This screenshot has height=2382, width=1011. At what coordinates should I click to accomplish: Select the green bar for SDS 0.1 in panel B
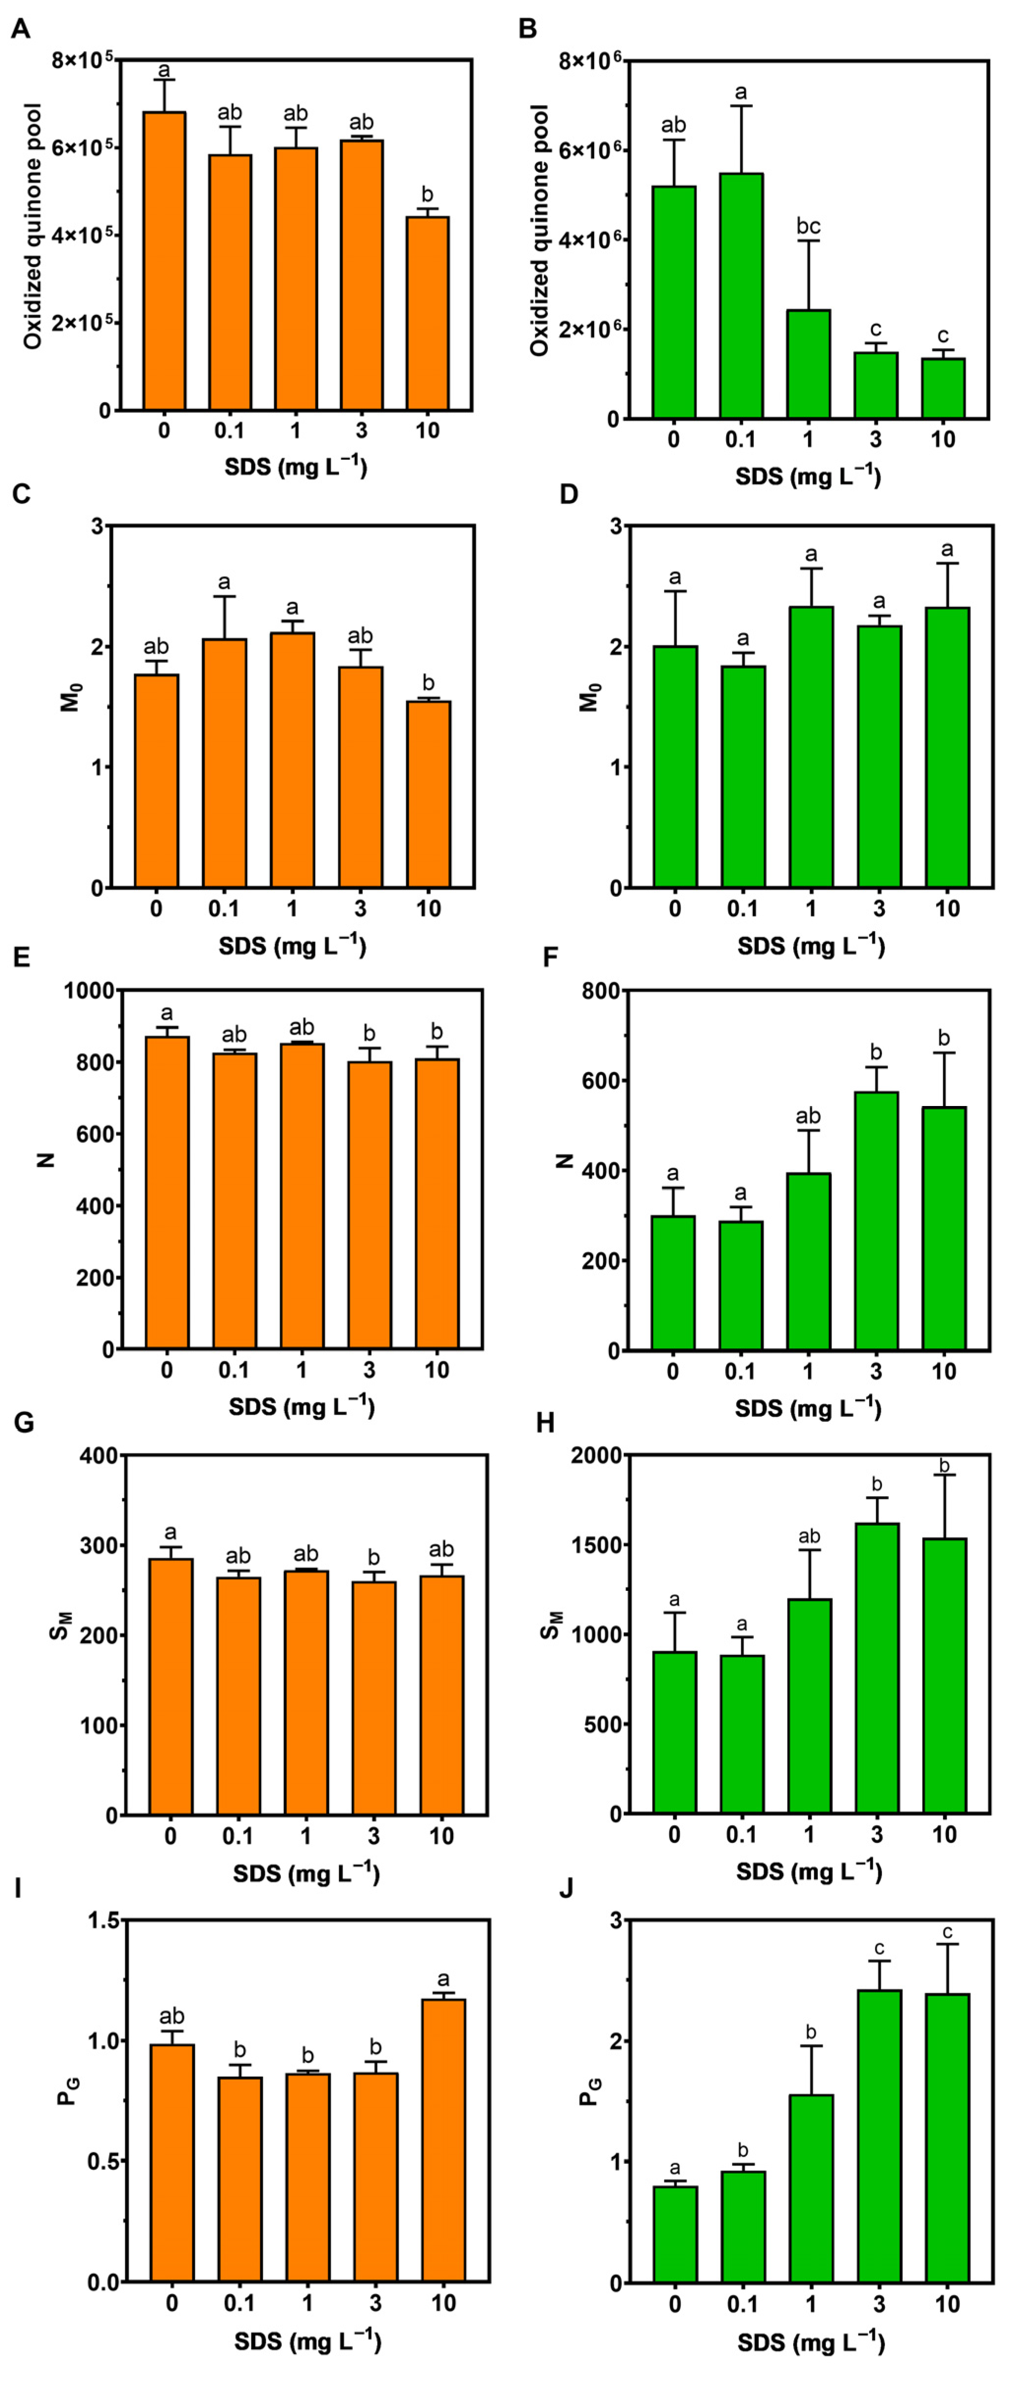741,296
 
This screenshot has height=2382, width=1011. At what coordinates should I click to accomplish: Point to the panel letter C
20,494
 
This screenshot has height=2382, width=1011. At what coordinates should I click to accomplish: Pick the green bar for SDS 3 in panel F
876,1221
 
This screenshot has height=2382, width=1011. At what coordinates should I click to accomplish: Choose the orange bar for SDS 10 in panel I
443,2154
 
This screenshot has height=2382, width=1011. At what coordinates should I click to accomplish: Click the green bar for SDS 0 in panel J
674,2247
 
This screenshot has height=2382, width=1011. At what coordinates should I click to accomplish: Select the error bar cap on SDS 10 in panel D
947,563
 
